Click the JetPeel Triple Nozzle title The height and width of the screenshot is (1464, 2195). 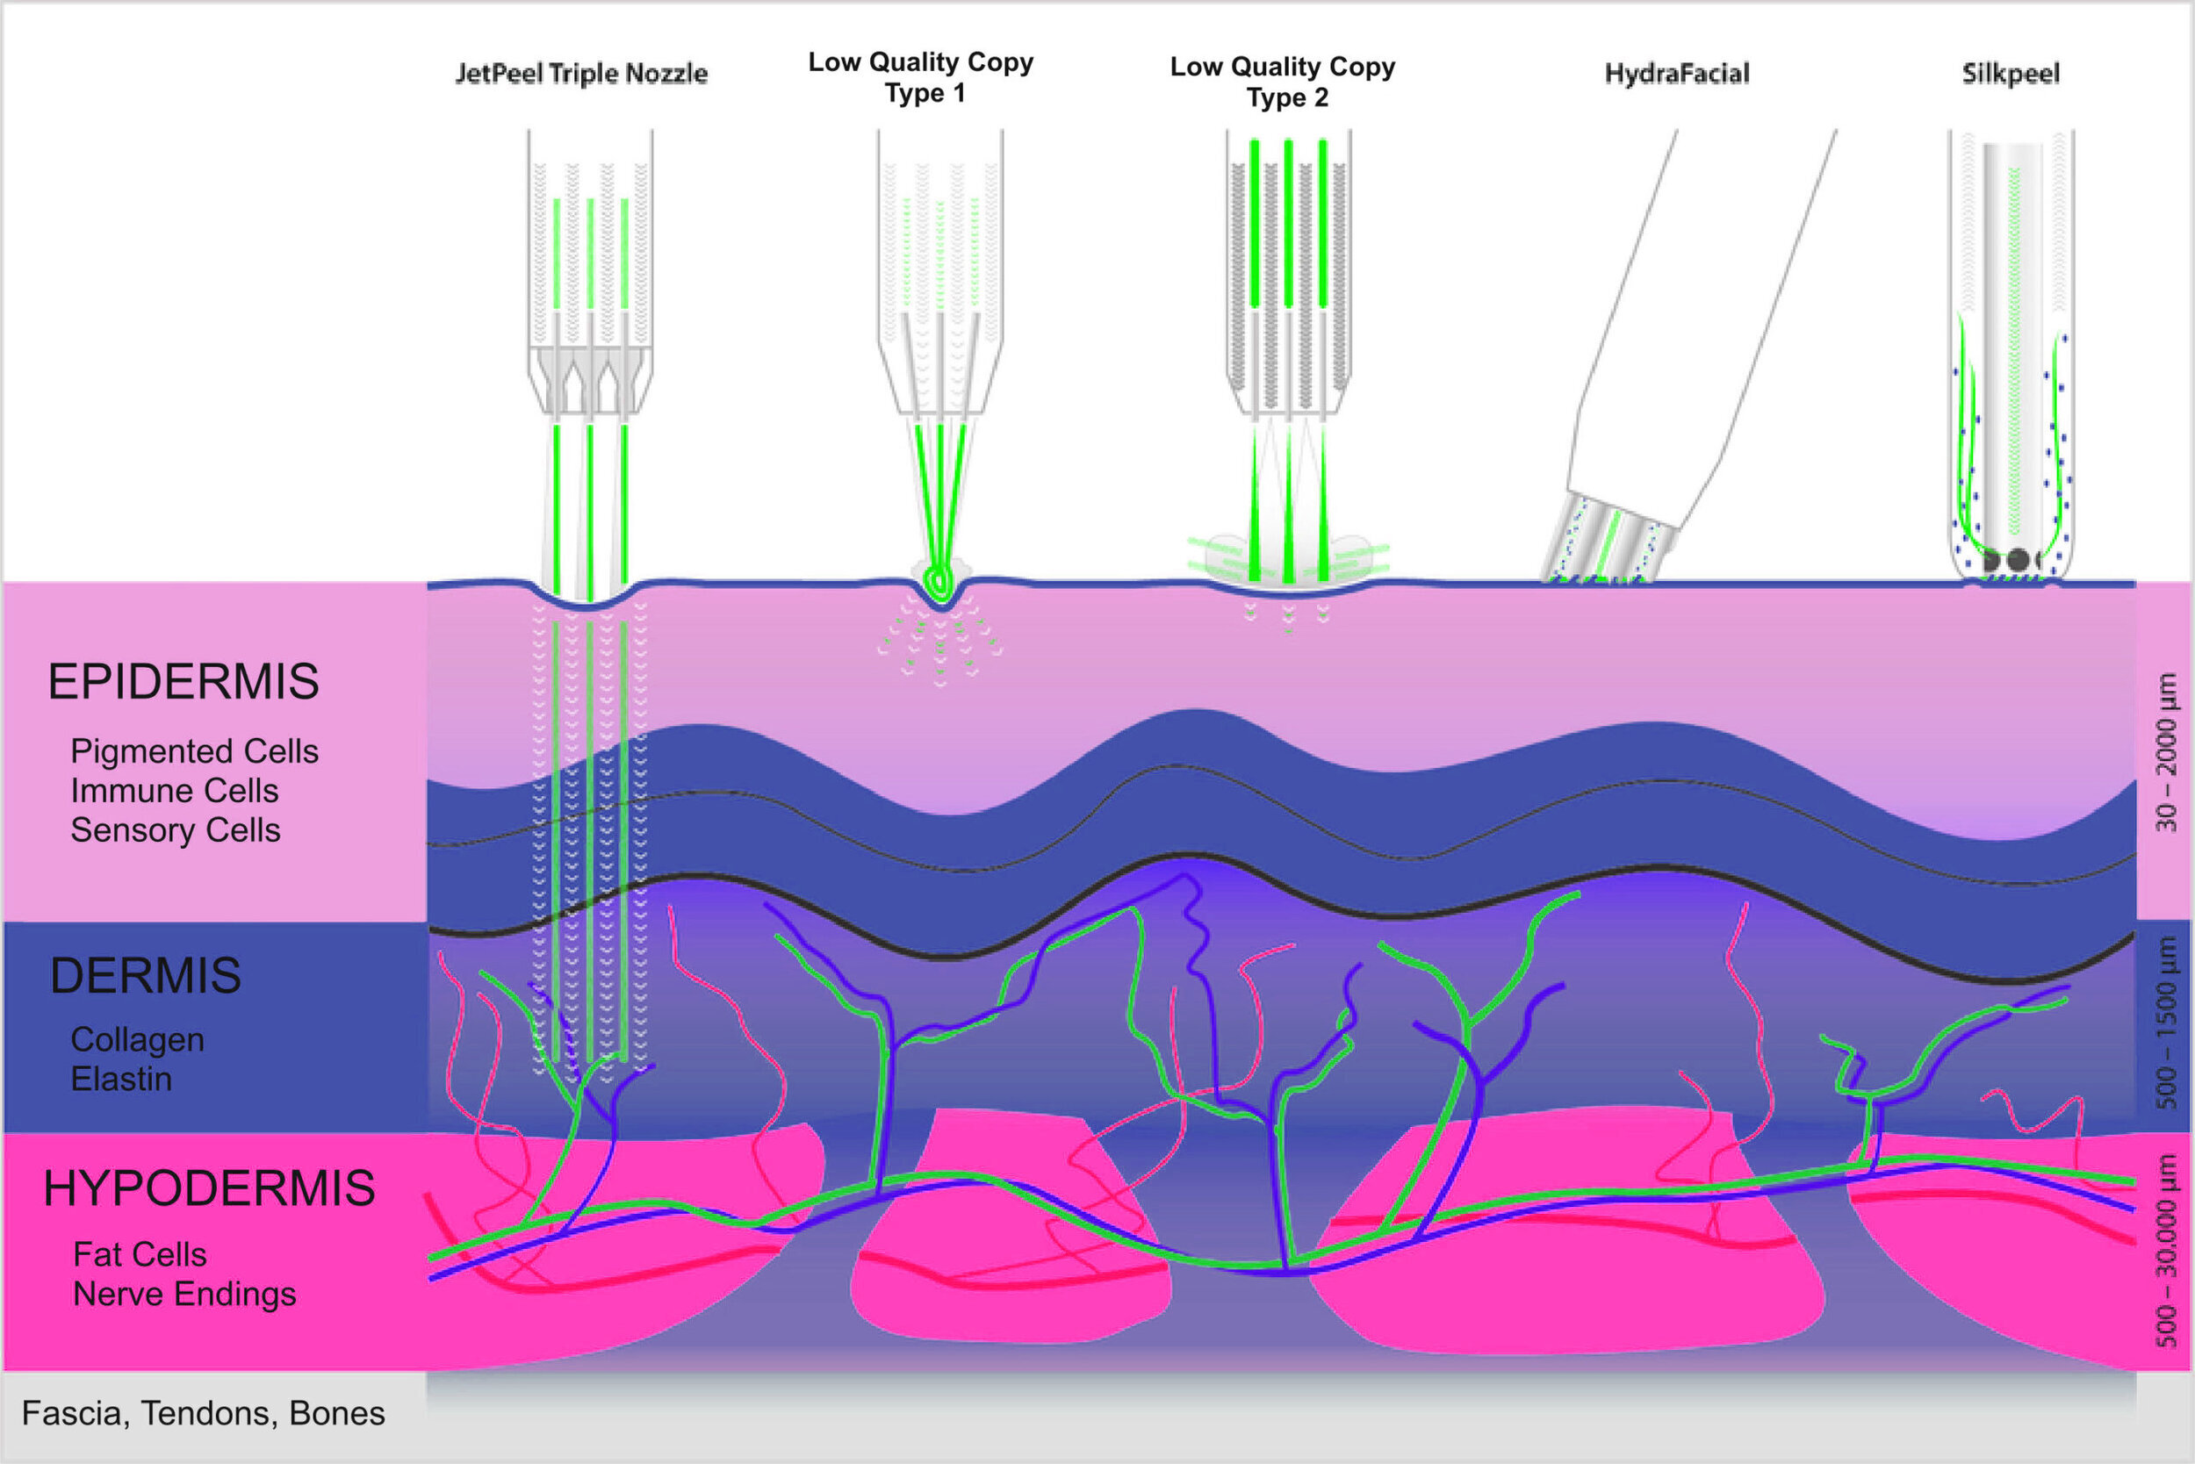click(x=581, y=74)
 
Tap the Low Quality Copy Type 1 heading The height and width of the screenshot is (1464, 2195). click(x=921, y=77)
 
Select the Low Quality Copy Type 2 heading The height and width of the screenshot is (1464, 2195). click(x=1283, y=83)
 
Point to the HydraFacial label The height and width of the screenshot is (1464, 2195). click(x=1677, y=74)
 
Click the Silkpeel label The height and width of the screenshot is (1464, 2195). click(x=2010, y=74)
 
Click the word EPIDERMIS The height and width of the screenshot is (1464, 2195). click(x=184, y=682)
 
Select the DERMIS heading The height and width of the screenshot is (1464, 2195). click(x=146, y=976)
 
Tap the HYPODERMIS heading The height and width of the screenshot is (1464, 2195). click(x=209, y=1188)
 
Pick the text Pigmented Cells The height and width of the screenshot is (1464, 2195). click(x=194, y=751)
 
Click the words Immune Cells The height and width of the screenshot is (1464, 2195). click(x=175, y=791)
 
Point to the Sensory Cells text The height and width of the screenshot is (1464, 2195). click(x=176, y=830)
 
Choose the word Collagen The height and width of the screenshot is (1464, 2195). click(x=137, y=1039)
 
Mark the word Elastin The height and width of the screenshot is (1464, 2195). click(x=121, y=1080)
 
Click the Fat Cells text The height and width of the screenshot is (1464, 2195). click(x=140, y=1254)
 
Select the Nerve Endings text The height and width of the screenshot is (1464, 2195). click(x=185, y=1294)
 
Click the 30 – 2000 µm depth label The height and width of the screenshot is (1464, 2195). click(x=2166, y=751)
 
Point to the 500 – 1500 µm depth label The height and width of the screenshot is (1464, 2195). click(x=2166, y=1023)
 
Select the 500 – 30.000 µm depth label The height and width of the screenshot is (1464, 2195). click(x=2166, y=1251)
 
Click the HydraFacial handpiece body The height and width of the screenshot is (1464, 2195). click(x=1681, y=355)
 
